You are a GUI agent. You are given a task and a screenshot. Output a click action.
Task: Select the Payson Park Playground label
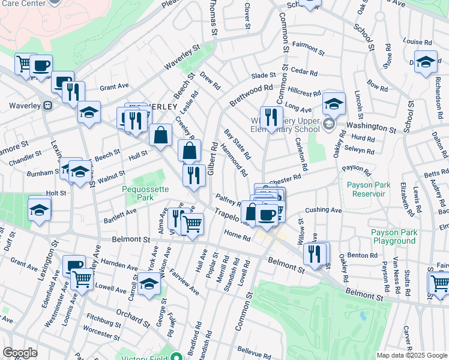click(393, 236)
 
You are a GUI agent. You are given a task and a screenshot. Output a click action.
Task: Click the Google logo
click(20, 353)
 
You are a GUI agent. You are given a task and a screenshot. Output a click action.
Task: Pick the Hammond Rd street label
click(234, 159)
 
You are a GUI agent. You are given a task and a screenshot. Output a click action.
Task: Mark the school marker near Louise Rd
click(426, 62)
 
